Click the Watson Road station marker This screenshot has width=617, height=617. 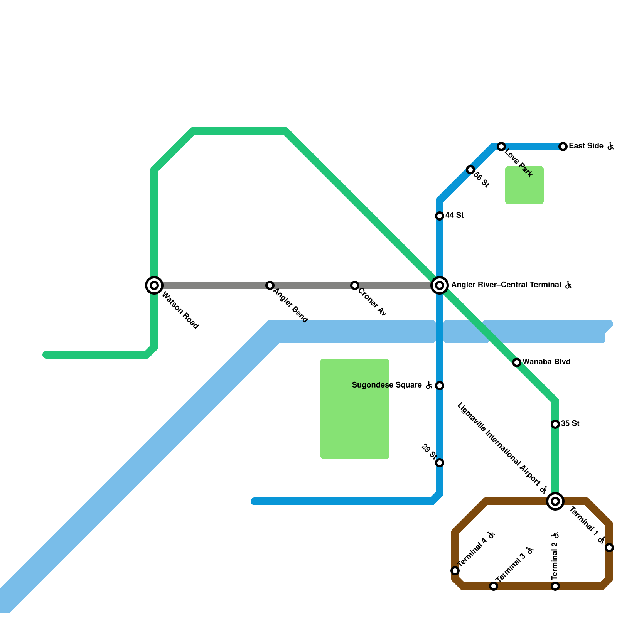click(154, 285)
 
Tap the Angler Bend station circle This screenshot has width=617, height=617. click(270, 285)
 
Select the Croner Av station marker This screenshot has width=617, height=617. click(355, 285)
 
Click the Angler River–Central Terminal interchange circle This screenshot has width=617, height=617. click(440, 285)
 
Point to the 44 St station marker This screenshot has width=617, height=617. click(440, 216)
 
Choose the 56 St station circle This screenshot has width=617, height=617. click(470, 170)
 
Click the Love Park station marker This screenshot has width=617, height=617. click(501, 147)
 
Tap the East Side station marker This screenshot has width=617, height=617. click(563, 147)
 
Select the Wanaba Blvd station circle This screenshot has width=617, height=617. click(517, 362)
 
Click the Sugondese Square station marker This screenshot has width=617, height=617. click(440, 386)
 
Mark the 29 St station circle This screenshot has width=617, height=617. click(440, 463)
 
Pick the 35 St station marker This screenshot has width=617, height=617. click(555, 424)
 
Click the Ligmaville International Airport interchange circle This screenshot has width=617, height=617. click(555, 501)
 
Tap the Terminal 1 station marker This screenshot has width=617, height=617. click(609, 548)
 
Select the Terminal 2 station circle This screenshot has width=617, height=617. click(555, 586)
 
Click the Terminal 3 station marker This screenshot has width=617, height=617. click(494, 586)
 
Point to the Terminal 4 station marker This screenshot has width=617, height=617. click(455, 571)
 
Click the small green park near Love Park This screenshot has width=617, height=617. click(524, 185)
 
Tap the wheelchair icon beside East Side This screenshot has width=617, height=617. click(610, 146)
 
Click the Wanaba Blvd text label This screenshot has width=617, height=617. click(546, 362)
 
